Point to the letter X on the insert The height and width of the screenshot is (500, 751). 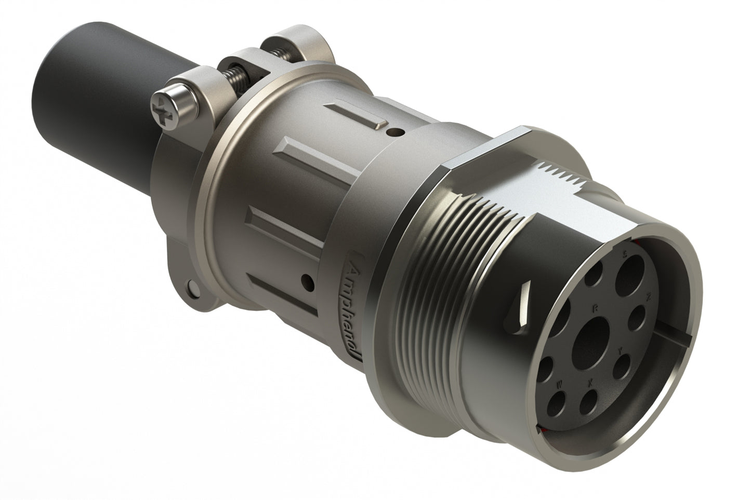coord(589,383)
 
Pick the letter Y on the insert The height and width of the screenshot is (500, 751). coord(620,352)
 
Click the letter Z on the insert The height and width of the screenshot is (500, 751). coord(648,298)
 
